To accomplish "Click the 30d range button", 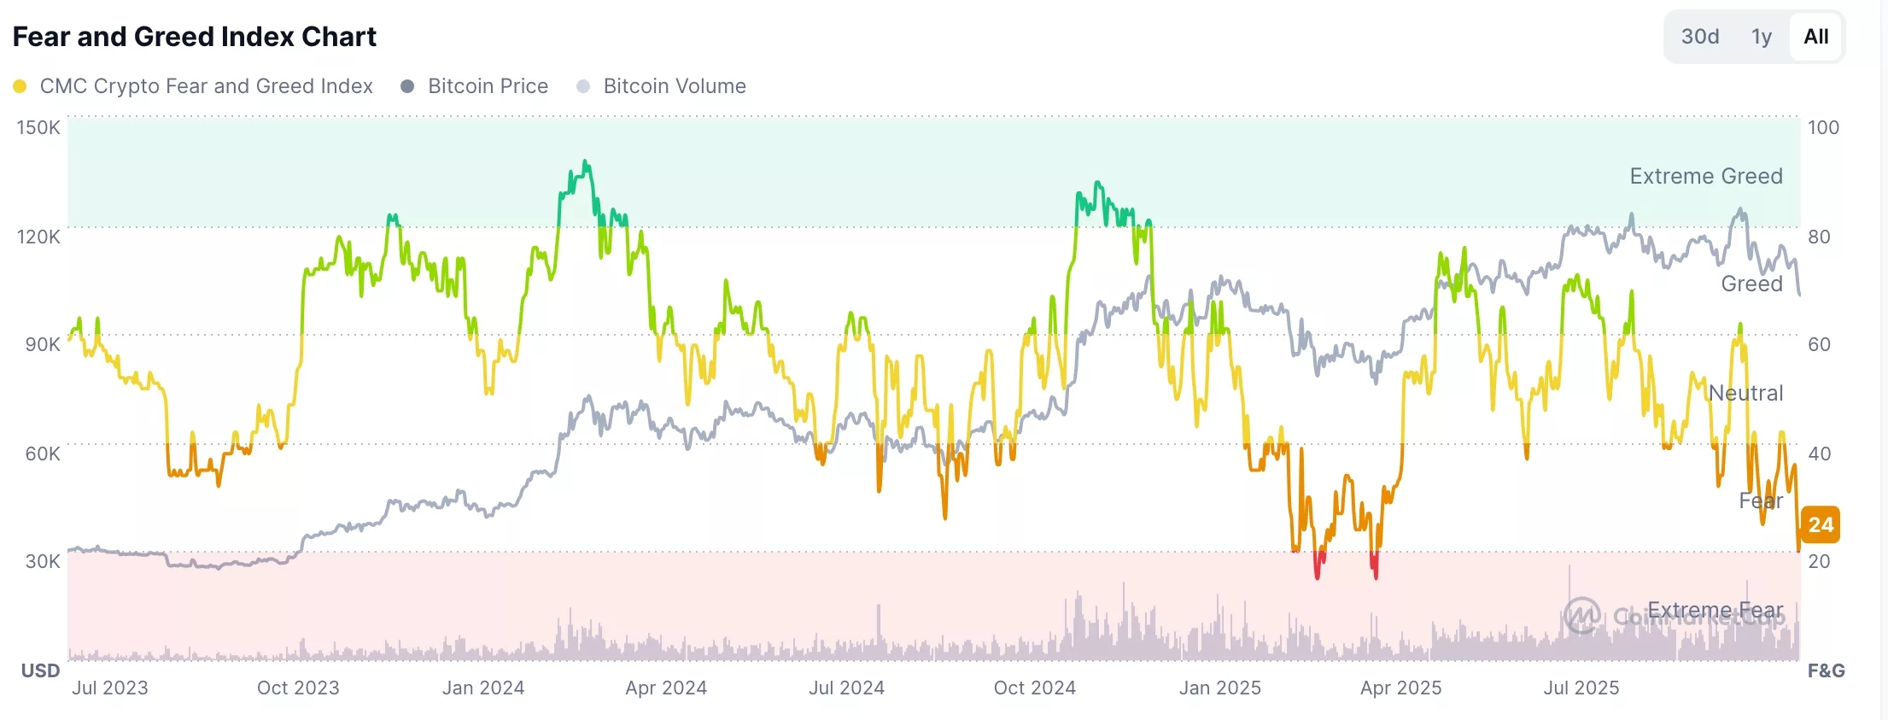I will click(1699, 37).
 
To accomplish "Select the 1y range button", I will click(1761, 37).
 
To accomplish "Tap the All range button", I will click(1815, 37).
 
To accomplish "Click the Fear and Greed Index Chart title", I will click(195, 37).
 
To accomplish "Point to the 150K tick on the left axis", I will click(38, 127).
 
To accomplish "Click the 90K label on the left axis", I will click(42, 344).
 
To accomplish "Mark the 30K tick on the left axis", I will click(42, 561).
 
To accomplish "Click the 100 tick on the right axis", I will click(1823, 127).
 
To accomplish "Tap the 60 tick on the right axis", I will click(1819, 344).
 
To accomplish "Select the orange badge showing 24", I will click(1821, 524).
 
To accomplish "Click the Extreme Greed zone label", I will click(1705, 176).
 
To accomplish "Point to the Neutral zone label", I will click(1745, 393).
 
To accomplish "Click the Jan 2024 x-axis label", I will click(483, 688).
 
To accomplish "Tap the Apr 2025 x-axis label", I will click(1400, 688).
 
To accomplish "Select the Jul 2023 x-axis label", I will click(110, 688).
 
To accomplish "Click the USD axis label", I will click(40, 670).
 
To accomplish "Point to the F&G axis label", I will click(1826, 670).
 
